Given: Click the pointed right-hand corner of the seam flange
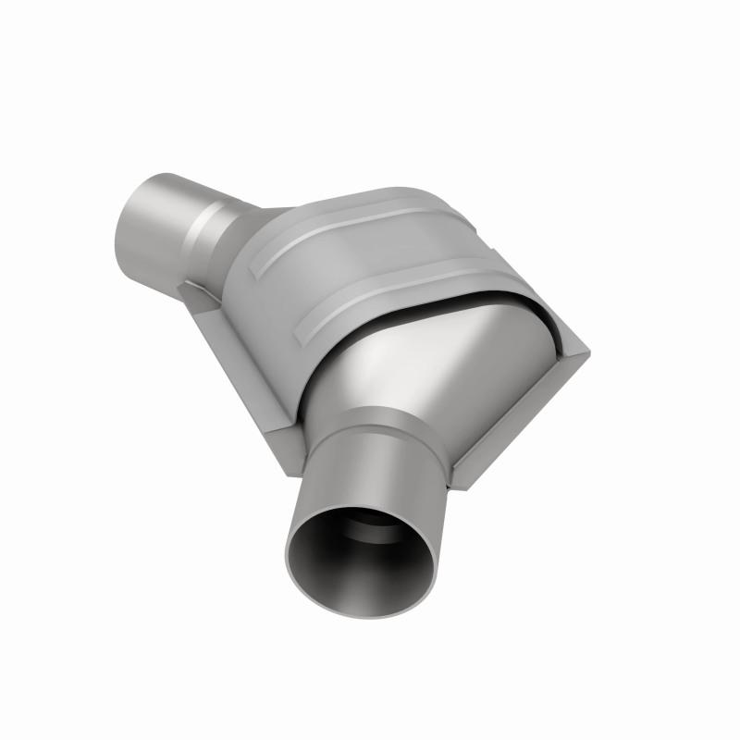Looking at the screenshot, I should coord(586,349).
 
